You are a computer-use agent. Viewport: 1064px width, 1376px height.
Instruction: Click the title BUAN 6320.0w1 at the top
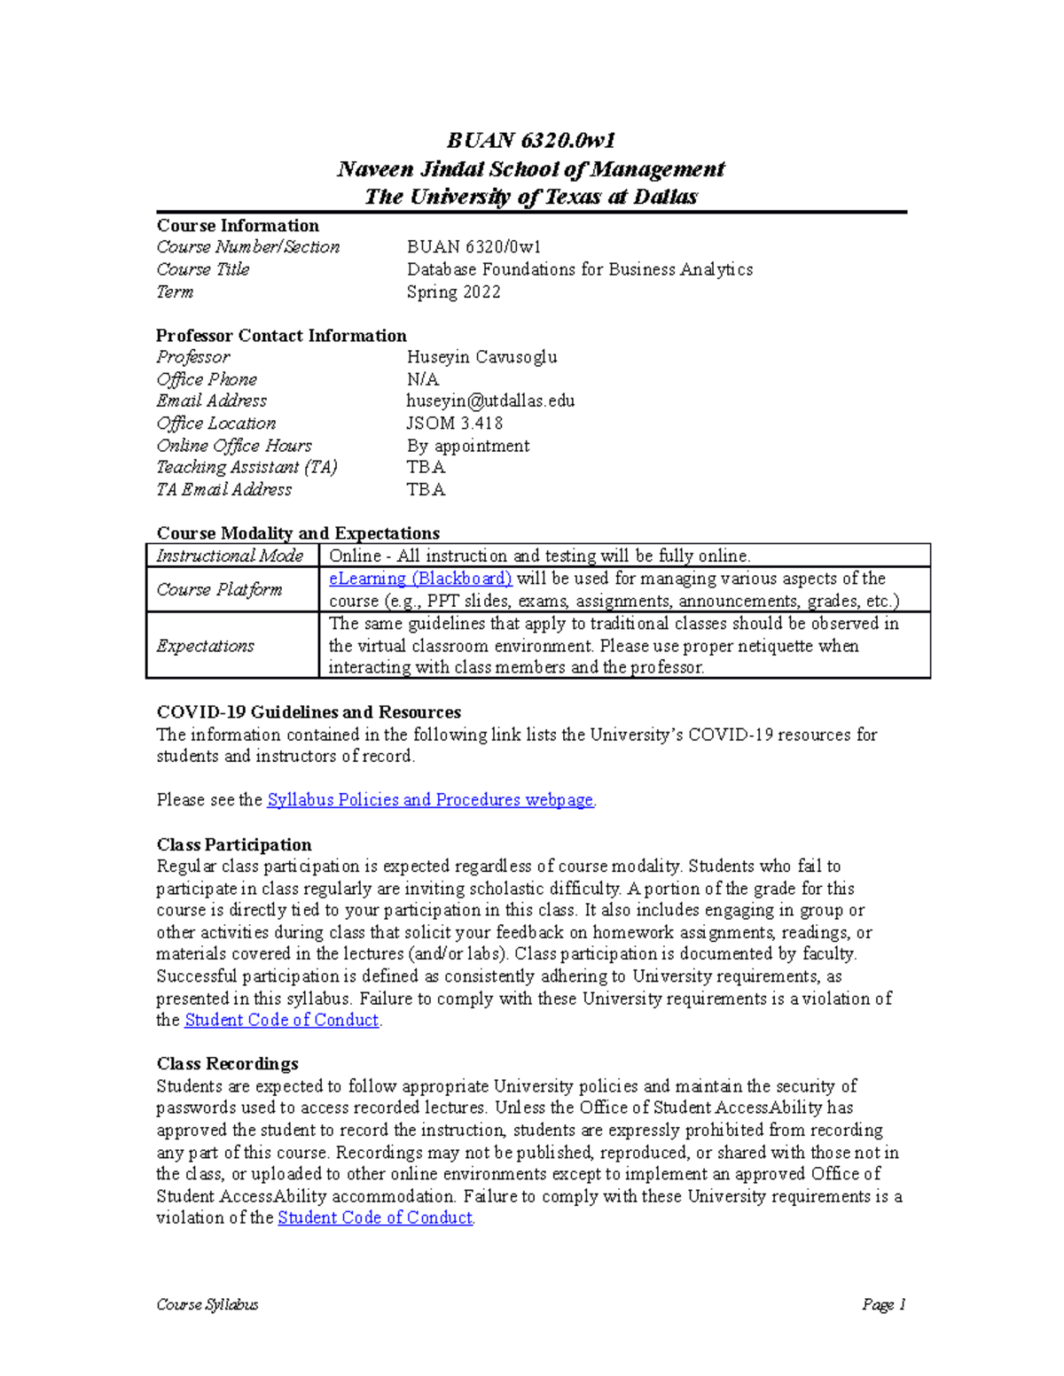click(x=530, y=140)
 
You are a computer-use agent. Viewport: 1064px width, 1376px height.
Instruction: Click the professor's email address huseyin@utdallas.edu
click(x=490, y=400)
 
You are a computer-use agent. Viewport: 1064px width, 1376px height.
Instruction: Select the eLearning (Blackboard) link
click(x=420, y=579)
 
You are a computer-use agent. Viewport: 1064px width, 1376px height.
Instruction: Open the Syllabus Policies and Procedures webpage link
click(x=430, y=799)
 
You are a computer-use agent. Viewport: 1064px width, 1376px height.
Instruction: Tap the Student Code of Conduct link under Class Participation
click(x=281, y=1020)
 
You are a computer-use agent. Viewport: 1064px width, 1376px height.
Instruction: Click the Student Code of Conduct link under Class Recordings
click(x=375, y=1217)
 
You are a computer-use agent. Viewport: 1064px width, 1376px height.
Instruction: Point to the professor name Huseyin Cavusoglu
click(x=481, y=357)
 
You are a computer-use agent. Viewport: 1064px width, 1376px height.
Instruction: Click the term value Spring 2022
click(x=453, y=292)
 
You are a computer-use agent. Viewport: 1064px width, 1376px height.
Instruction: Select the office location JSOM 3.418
click(x=454, y=423)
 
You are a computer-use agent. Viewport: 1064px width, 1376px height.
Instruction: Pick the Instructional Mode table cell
click(x=230, y=556)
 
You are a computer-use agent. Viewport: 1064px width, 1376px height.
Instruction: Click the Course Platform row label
click(x=219, y=589)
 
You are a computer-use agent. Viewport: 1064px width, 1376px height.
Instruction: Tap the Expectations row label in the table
click(x=205, y=646)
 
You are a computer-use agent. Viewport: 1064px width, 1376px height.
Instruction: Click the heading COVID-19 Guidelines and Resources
click(x=309, y=711)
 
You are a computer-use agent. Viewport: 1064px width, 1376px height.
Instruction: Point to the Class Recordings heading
click(x=227, y=1063)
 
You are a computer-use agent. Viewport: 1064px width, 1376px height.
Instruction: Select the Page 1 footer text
click(x=883, y=1304)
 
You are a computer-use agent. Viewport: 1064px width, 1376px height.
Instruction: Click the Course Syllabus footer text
click(x=207, y=1304)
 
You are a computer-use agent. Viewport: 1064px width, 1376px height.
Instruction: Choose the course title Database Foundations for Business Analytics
click(x=580, y=269)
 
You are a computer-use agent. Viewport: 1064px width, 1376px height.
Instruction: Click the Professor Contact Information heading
click(x=281, y=335)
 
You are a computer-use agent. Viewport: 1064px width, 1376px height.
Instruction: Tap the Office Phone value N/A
click(x=423, y=379)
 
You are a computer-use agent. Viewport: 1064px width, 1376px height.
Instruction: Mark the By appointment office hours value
click(x=468, y=445)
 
